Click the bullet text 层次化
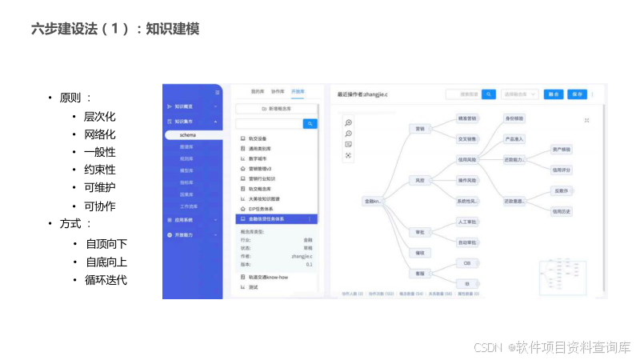pyautogui.click(x=99, y=116)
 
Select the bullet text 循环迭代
pyautogui.click(x=106, y=280)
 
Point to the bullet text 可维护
pyautogui.click(x=99, y=188)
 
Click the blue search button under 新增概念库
pyautogui.click(x=310, y=124)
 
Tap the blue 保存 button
pyautogui.click(x=577, y=94)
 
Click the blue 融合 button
pyautogui.click(x=553, y=94)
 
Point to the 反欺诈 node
pyautogui.click(x=562, y=190)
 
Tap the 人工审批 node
pyautogui.click(x=467, y=222)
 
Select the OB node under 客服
pyautogui.click(x=467, y=263)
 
